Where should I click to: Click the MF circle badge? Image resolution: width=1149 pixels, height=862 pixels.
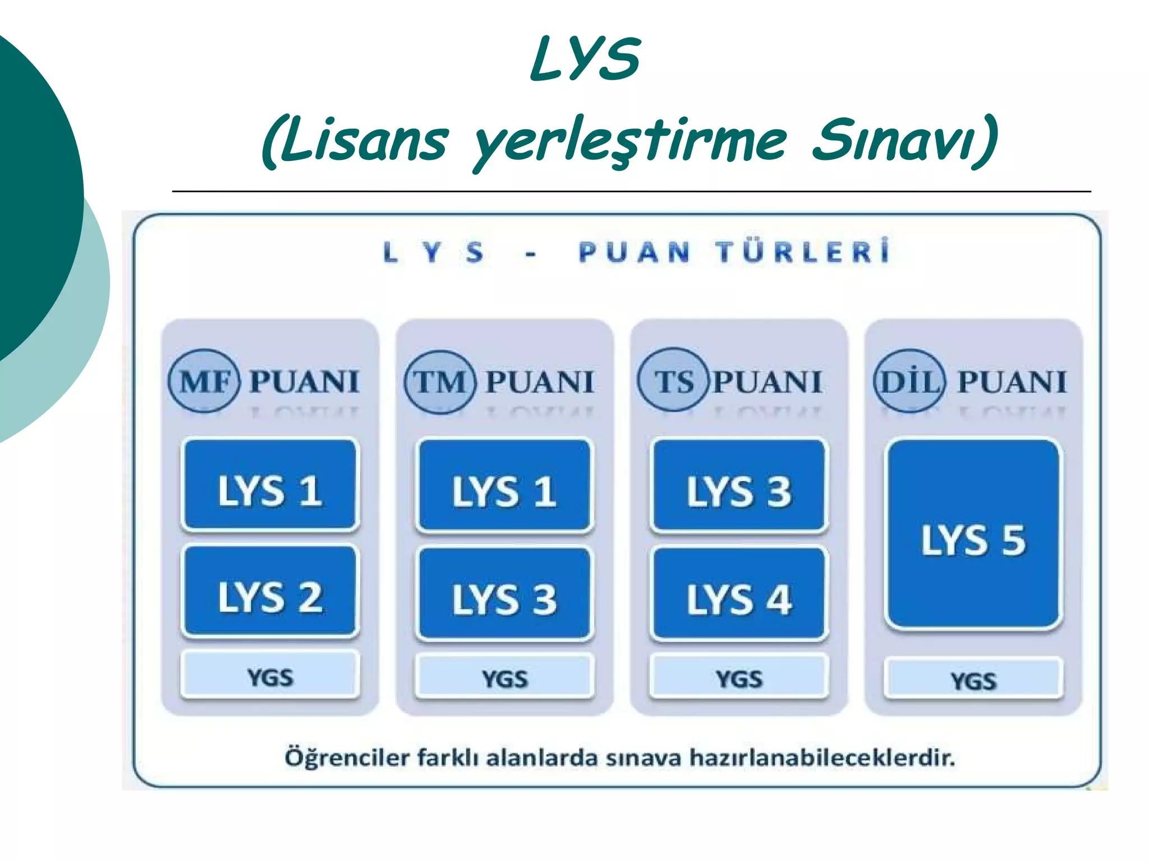coord(204,381)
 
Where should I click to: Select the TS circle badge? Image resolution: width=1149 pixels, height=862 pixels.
coord(673,380)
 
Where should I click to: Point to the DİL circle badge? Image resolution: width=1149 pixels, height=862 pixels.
coord(909,381)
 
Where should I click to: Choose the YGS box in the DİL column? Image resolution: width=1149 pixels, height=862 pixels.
coord(973,679)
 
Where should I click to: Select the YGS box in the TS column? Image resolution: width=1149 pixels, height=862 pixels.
coord(739,677)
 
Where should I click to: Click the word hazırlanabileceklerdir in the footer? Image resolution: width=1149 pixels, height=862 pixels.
coord(822,758)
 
